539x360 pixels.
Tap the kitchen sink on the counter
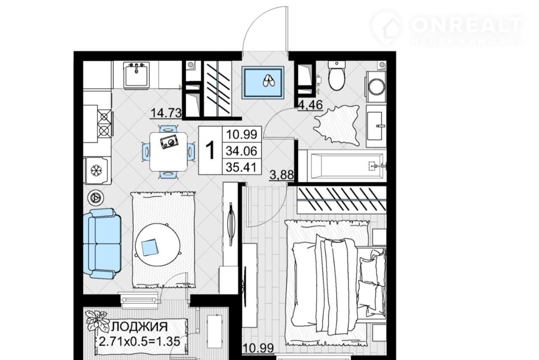(x=136, y=74)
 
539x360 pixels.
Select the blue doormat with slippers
(x=263, y=83)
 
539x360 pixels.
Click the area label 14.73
(x=166, y=113)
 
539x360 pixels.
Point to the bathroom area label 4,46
(x=310, y=105)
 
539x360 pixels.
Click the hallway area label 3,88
(x=282, y=175)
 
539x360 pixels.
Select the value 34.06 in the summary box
(x=241, y=151)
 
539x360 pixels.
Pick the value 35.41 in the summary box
(x=241, y=167)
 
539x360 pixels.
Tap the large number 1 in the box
(x=210, y=150)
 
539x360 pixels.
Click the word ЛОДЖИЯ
(x=140, y=327)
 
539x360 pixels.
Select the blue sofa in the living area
(x=102, y=244)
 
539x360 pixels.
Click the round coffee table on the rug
(x=158, y=245)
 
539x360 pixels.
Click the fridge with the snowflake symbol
(x=97, y=170)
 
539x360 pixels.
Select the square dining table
(x=168, y=152)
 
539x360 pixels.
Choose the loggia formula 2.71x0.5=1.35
(x=140, y=342)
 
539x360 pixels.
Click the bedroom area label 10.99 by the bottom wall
(x=258, y=348)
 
